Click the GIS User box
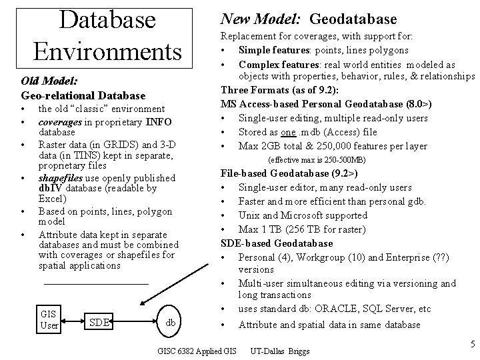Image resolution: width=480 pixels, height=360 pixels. [x=49, y=319]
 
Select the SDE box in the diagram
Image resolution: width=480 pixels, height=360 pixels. [x=100, y=323]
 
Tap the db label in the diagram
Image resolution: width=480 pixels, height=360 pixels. [x=171, y=322]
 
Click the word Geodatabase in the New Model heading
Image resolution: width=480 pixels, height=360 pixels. [x=353, y=19]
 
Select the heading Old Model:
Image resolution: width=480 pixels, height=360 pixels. [x=49, y=81]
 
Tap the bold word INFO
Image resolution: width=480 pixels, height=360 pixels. [x=159, y=121]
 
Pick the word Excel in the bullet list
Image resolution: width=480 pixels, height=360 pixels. [x=51, y=199]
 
